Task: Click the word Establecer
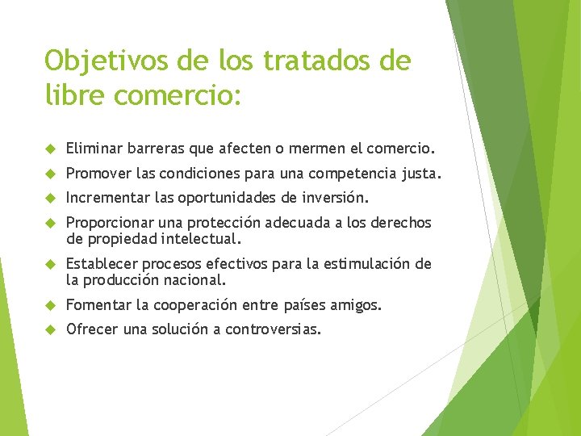click(x=100, y=264)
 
